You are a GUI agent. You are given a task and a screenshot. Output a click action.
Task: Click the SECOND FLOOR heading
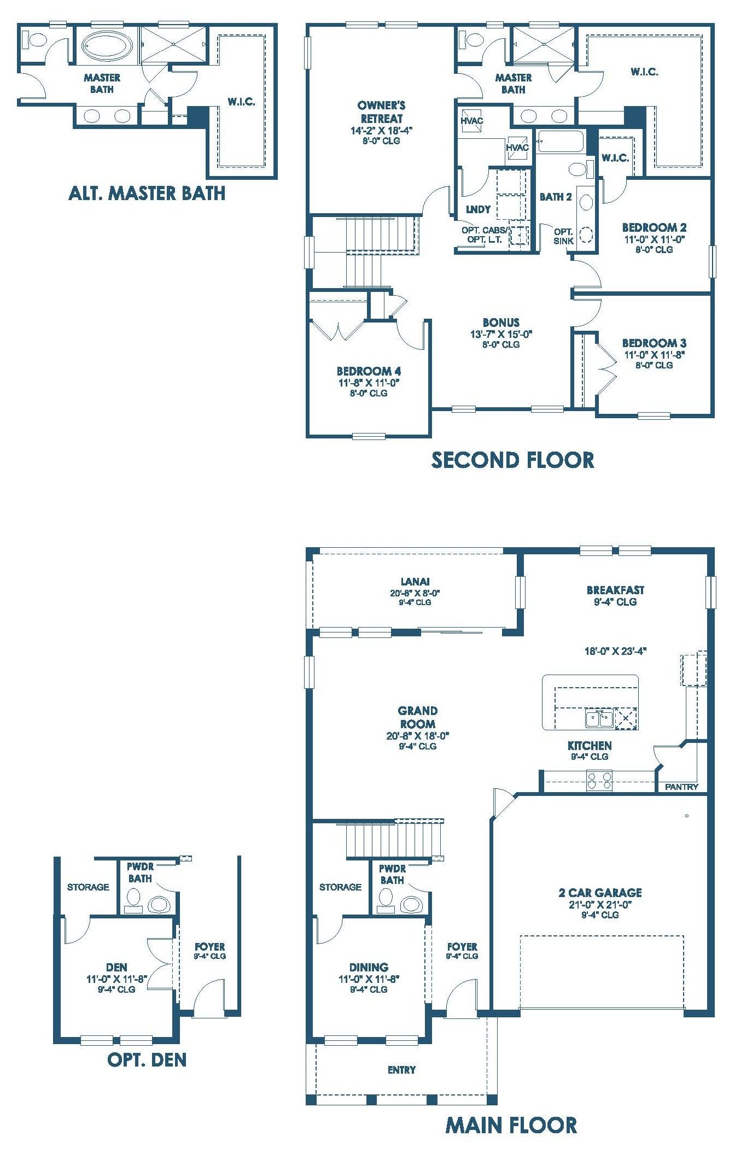(x=512, y=460)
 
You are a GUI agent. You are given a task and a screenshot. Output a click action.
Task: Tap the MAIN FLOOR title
(x=511, y=1125)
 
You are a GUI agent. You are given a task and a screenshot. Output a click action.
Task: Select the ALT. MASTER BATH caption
(x=147, y=193)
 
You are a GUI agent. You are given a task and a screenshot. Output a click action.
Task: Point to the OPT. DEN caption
(x=147, y=1059)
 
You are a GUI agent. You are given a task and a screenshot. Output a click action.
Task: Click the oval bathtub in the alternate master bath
(x=107, y=44)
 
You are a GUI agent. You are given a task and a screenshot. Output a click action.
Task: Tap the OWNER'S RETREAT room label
(x=381, y=112)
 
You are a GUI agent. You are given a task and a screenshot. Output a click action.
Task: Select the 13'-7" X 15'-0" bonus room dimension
(x=501, y=334)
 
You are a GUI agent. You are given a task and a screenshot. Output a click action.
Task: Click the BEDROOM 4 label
(x=369, y=371)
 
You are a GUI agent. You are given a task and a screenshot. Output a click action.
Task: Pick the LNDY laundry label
(x=478, y=209)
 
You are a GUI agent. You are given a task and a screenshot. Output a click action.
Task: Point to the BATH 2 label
(x=556, y=197)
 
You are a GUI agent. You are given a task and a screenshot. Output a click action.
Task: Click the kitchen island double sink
(x=599, y=718)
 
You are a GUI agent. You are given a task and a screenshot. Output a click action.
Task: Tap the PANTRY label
(x=681, y=787)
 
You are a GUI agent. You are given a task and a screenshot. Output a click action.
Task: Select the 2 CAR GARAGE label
(x=600, y=893)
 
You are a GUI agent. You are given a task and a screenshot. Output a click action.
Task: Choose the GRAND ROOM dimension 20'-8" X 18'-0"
(x=417, y=736)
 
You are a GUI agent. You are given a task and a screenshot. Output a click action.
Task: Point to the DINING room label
(x=369, y=967)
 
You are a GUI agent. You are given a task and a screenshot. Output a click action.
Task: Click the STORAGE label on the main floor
(x=340, y=887)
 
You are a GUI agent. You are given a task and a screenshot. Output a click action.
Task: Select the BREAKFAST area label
(x=615, y=590)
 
